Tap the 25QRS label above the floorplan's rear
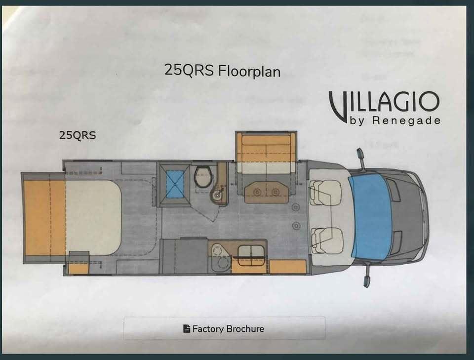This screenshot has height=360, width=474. tap(78, 135)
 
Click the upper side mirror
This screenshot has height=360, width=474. tap(361, 160)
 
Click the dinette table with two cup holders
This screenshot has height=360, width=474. tap(266, 192)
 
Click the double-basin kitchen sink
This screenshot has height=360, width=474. tap(251, 252)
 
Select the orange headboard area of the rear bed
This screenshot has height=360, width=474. tap(44, 217)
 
